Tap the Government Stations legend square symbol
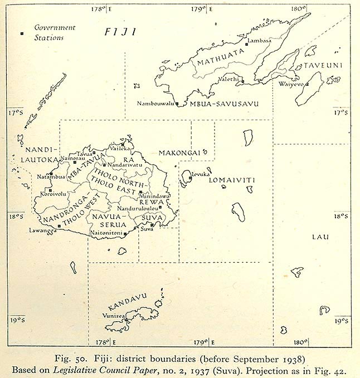[22, 34]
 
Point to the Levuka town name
[200, 174]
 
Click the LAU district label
[320, 237]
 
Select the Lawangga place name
[43, 230]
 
